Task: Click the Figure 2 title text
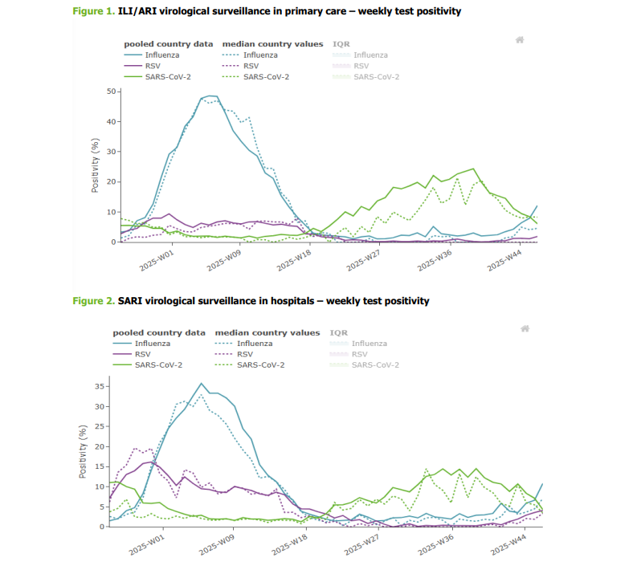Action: [251, 301]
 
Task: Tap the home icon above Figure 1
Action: [520, 39]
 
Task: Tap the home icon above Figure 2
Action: [525, 328]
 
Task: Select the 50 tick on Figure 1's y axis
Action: [111, 92]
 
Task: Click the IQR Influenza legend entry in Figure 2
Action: [370, 344]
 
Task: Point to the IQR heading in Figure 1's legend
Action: [341, 44]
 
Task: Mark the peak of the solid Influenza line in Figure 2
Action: [202, 383]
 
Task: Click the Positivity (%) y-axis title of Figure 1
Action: [95, 165]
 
